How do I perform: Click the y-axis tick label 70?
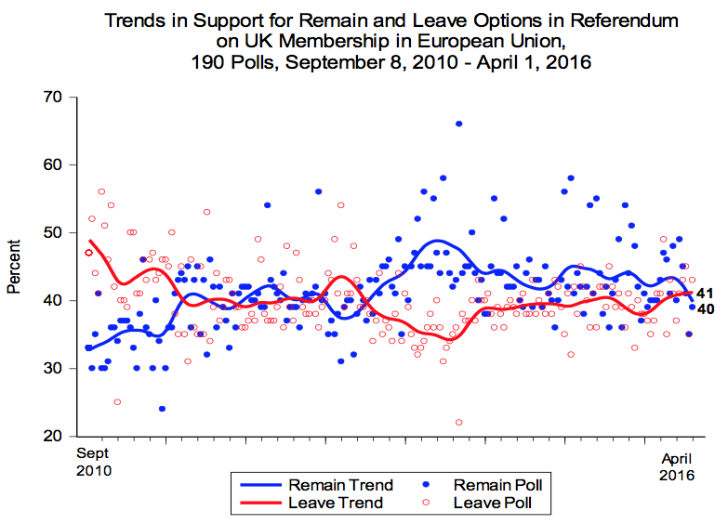click(50, 98)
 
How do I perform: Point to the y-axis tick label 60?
click(50, 165)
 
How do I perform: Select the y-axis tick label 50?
click(50, 233)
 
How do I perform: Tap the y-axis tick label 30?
click(50, 369)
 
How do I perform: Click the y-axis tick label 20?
click(50, 437)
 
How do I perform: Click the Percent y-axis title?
click(14, 267)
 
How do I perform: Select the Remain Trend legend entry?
click(316, 485)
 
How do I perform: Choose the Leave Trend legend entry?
click(316, 504)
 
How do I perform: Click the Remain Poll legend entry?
click(480, 485)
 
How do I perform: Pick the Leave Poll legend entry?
click(480, 504)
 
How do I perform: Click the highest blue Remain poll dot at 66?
click(458, 124)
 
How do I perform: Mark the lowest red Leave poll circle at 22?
click(458, 423)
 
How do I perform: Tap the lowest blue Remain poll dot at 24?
click(162, 409)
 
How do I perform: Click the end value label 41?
click(704, 294)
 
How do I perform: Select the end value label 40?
click(704, 308)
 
